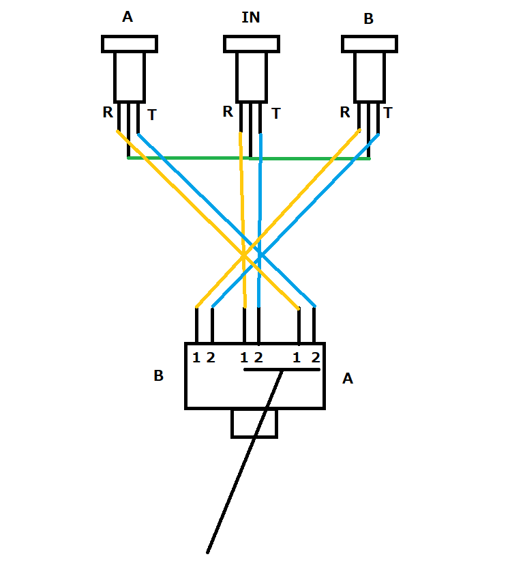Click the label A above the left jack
(x=127, y=17)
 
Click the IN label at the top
(x=251, y=18)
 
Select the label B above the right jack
(x=368, y=19)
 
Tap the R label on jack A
(x=108, y=113)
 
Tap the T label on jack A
(x=151, y=115)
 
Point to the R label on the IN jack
(x=228, y=111)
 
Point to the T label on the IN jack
(x=275, y=114)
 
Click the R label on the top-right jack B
(x=345, y=112)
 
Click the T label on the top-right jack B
(x=388, y=113)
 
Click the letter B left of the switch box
(x=158, y=376)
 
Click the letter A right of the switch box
(x=348, y=378)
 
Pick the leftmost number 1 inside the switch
(x=196, y=357)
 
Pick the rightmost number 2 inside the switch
(x=315, y=357)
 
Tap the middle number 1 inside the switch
(x=244, y=357)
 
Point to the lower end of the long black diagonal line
(x=208, y=551)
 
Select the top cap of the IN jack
(x=251, y=44)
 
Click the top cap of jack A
(x=130, y=44)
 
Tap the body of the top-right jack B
(x=369, y=76)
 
